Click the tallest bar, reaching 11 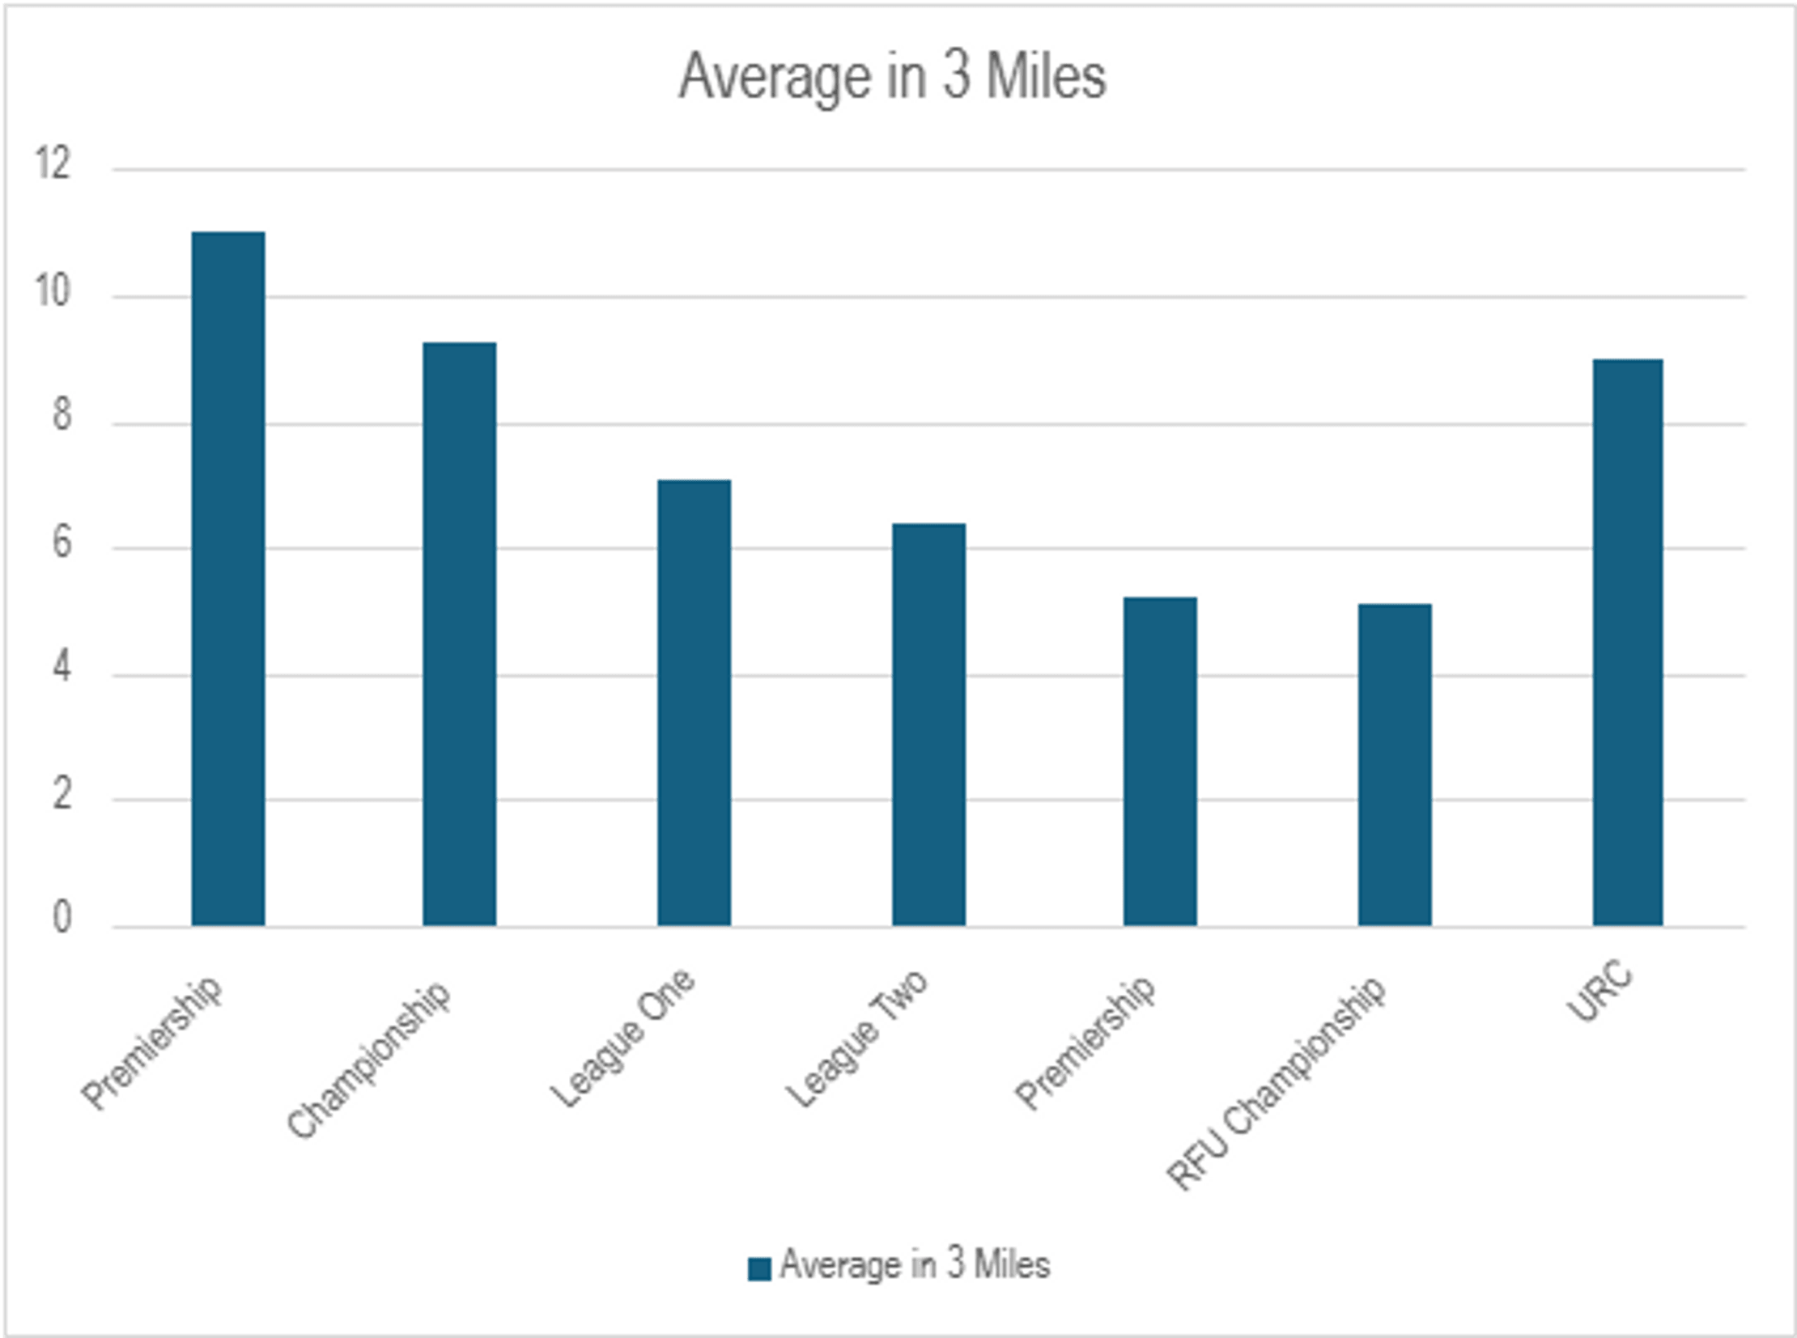pos(227,578)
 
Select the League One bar pos(693,703)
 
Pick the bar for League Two pos(928,724)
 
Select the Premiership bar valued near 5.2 pos(1160,761)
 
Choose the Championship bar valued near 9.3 pos(459,633)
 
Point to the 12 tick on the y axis pos(53,164)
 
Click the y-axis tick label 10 pos(53,291)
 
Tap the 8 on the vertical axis pos(62,416)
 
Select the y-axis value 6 pos(62,543)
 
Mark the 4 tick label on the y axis pos(62,670)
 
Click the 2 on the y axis pos(62,796)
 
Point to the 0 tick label pos(62,920)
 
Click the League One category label pos(622,1039)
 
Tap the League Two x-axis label pos(856,1039)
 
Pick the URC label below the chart pos(1599,994)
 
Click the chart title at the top pos(891,77)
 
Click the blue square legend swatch pos(758,1268)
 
